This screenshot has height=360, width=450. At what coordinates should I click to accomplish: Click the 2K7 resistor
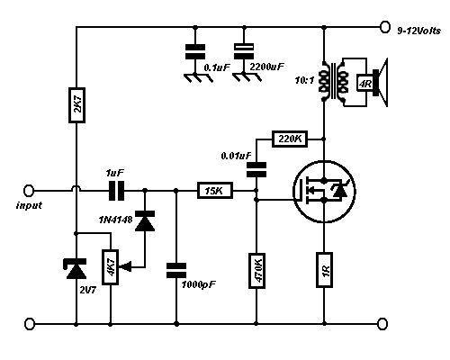coord(76,105)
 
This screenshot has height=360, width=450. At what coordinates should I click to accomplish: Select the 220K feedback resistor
coord(290,139)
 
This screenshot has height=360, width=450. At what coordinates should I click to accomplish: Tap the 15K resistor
coord(215,190)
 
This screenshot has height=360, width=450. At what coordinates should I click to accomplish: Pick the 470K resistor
coord(256,271)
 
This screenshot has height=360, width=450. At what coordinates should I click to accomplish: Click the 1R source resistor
coord(324,270)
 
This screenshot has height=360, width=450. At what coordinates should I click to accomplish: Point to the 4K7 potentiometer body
coord(111,267)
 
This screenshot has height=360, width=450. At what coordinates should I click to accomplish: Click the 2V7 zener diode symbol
coord(76,268)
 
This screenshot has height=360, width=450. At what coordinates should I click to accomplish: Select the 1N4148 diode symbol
coord(145,220)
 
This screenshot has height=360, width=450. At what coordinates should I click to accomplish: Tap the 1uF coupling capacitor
coord(116,191)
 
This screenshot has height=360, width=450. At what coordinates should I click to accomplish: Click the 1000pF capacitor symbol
coord(176,270)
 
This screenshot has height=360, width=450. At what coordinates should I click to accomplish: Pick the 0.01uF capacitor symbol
coord(256,170)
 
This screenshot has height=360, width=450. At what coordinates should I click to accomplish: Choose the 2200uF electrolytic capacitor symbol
coord(244,51)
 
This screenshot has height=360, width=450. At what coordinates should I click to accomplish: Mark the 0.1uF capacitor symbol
coord(195,51)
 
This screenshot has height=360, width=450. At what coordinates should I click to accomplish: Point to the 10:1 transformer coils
coord(334,81)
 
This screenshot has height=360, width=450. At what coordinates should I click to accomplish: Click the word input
coord(29,205)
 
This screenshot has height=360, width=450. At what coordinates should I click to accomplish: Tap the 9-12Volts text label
coord(419,31)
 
